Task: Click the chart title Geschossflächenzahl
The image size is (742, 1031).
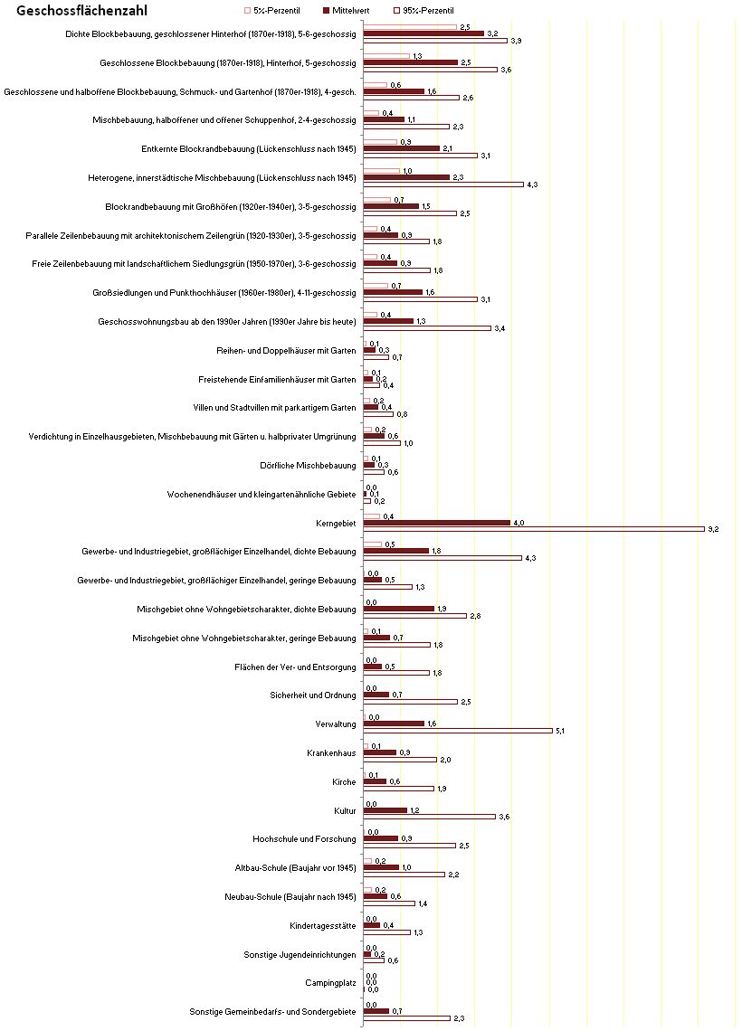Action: (81, 11)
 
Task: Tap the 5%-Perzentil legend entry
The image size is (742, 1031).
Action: (271, 11)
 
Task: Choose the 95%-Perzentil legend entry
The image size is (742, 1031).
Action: (423, 11)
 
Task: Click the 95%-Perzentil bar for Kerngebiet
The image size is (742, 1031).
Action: (534, 529)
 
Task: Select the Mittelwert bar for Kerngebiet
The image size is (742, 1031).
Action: (437, 523)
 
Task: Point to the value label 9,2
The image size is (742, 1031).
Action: (713, 529)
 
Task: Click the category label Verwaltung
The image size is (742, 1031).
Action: (336, 724)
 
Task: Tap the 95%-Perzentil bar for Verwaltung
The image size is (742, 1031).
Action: (458, 731)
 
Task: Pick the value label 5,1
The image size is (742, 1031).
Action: (560, 731)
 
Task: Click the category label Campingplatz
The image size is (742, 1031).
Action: (330, 984)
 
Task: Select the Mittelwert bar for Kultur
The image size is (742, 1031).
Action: (385, 810)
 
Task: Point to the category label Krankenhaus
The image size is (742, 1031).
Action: (331, 753)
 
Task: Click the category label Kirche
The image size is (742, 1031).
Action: (344, 782)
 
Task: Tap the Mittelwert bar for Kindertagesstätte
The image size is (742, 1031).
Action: (372, 926)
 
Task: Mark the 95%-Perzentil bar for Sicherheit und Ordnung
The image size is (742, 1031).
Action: (411, 702)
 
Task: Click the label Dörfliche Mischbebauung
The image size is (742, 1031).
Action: (308, 466)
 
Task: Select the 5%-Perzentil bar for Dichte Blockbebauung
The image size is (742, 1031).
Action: (410, 27)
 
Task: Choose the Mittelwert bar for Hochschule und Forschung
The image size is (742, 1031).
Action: (381, 839)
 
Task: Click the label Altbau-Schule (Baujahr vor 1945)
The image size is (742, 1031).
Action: (295, 868)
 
